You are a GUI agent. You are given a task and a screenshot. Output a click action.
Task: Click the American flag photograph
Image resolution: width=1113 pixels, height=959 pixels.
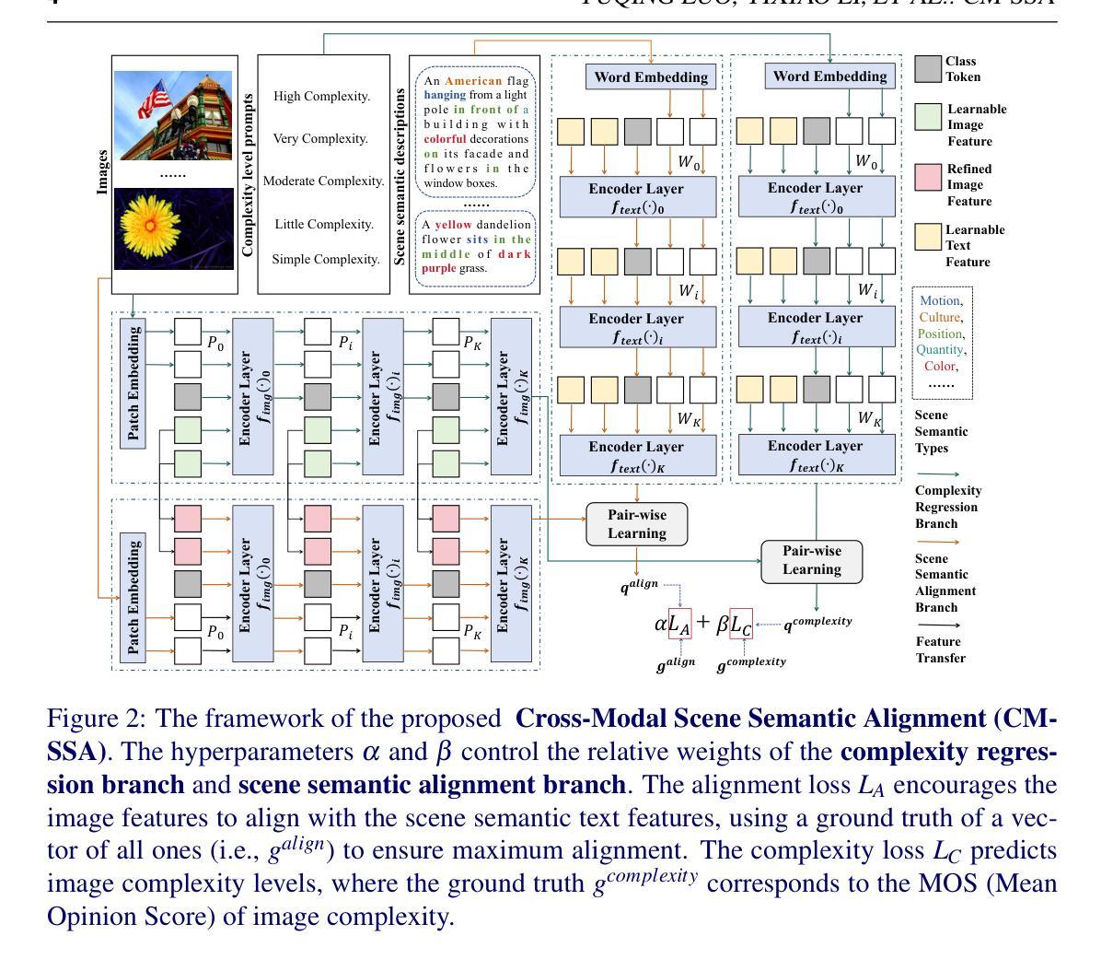pyautogui.click(x=172, y=115)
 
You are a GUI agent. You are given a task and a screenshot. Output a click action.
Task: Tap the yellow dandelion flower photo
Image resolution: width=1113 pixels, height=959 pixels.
pyautogui.click(x=172, y=228)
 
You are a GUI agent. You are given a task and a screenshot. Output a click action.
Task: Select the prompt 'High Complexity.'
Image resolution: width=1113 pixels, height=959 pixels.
pyautogui.click(x=321, y=96)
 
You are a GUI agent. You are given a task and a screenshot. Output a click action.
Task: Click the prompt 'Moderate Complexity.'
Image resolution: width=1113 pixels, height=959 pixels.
pyautogui.click(x=323, y=181)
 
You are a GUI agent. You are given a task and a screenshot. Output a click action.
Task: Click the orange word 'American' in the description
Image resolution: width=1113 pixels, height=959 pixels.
pyautogui.click(x=473, y=81)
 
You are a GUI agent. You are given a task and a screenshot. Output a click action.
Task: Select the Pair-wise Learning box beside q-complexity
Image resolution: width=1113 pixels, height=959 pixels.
pyautogui.click(x=811, y=560)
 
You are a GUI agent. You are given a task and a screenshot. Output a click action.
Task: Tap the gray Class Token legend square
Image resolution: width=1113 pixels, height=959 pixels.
pyautogui.click(x=928, y=69)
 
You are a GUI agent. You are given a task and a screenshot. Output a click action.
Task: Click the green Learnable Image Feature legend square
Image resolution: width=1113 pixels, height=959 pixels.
pyautogui.click(x=928, y=117)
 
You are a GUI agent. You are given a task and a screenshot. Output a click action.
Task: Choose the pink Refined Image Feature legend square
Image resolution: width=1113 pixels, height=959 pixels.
pyautogui.click(x=928, y=177)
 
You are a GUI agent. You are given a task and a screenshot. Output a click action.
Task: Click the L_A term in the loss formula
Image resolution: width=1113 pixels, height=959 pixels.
pyautogui.click(x=678, y=624)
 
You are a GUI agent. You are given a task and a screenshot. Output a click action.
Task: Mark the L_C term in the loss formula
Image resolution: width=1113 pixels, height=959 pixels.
pyautogui.click(x=741, y=624)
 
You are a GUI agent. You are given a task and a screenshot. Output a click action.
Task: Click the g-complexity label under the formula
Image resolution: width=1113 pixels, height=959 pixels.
pyautogui.click(x=751, y=662)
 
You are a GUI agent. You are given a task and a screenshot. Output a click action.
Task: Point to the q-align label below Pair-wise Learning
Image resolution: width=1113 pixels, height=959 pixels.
pyautogui.click(x=639, y=585)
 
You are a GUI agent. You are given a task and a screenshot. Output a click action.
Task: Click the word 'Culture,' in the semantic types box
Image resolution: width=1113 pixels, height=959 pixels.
pyautogui.click(x=940, y=317)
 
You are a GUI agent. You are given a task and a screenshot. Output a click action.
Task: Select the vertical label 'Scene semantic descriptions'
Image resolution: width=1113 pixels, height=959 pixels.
pyautogui.click(x=400, y=177)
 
